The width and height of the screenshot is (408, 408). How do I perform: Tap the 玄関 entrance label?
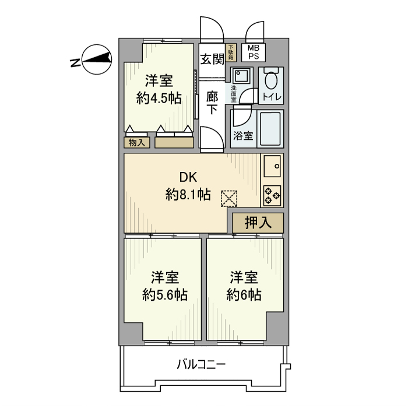(x=212, y=59)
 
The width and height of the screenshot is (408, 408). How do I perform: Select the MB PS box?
(x=254, y=53)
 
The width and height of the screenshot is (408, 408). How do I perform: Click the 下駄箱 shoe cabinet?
(x=231, y=53)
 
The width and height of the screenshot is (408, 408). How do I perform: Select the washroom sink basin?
(x=240, y=76)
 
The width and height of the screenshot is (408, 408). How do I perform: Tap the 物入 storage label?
(x=136, y=142)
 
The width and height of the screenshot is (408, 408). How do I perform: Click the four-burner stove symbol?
(x=272, y=195)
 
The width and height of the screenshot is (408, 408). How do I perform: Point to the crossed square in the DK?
(x=229, y=199)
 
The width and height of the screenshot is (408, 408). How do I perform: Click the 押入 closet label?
(x=258, y=222)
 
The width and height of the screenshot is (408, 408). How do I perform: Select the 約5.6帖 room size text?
(x=165, y=294)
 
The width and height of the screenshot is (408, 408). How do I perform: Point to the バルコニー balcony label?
(x=201, y=365)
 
